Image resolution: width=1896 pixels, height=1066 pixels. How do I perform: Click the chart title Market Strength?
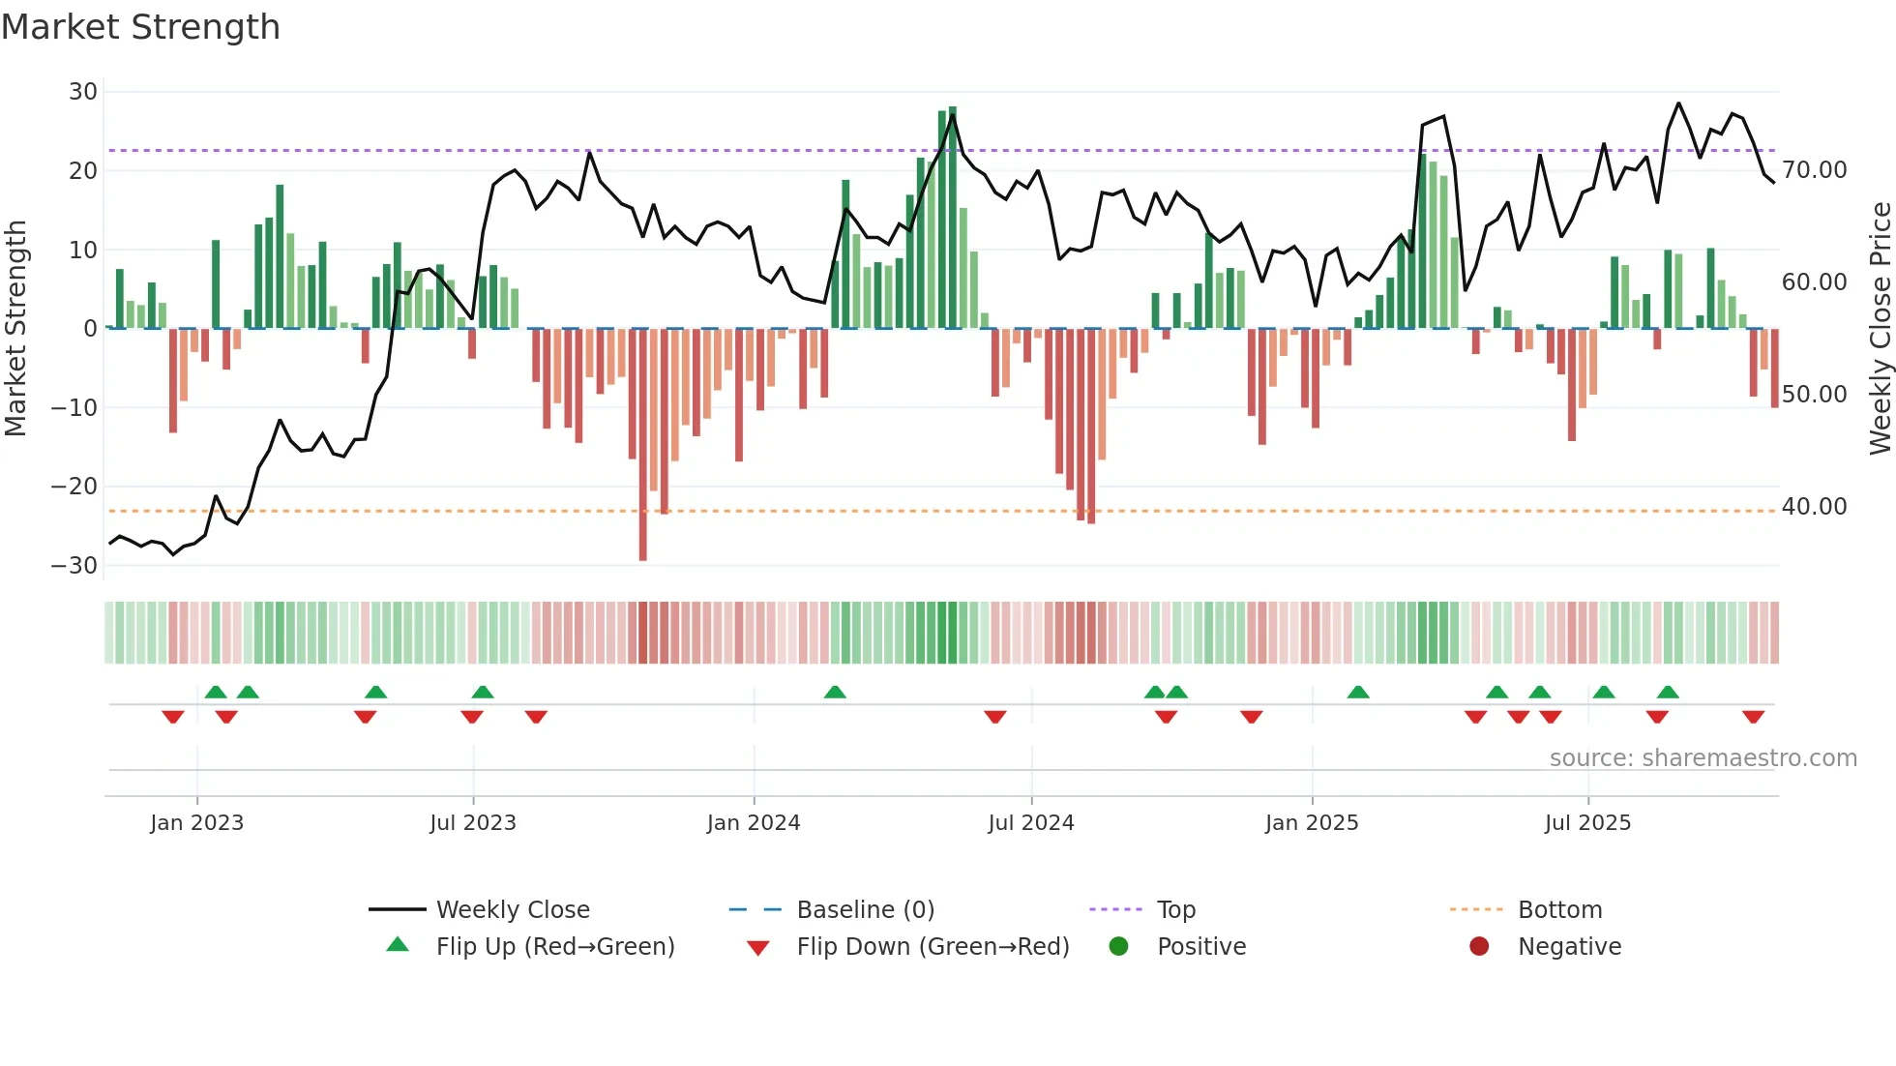point(140,27)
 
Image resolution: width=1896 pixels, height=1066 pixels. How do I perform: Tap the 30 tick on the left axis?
point(83,92)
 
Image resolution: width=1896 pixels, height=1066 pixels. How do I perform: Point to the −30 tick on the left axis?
point(75,566)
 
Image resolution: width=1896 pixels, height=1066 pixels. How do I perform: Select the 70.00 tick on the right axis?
point(1814,170)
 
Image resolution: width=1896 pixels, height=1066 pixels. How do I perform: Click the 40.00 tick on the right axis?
point(1814,507)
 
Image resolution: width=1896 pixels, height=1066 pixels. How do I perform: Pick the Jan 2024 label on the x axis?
point(754,823)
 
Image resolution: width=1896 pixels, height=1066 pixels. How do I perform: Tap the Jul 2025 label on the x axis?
point(1587,823)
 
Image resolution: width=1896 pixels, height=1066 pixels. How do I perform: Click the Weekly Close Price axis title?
point(1880,329)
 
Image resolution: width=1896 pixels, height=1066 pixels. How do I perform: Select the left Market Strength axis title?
point(15,329)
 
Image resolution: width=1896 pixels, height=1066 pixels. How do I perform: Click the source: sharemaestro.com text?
point(1703,758)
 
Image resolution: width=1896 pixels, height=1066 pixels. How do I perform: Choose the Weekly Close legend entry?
point(513,910)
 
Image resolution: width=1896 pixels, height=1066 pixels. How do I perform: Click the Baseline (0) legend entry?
point(865,910)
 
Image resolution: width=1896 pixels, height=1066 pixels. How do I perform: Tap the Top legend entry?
point(1175,910)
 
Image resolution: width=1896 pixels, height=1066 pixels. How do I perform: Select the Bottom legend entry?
point(1559,910)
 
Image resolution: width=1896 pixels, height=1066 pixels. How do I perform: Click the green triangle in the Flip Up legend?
point(398,945)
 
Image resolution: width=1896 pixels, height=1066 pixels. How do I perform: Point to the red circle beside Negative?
point(1479,946)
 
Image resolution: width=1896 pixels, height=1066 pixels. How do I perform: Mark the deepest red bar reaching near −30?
point(643,445)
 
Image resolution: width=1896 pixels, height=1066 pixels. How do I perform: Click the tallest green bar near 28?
point(953,218)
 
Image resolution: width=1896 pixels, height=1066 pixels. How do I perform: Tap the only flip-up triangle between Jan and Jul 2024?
point(835,692)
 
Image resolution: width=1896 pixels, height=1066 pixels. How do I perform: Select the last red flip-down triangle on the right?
point(1753,717)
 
